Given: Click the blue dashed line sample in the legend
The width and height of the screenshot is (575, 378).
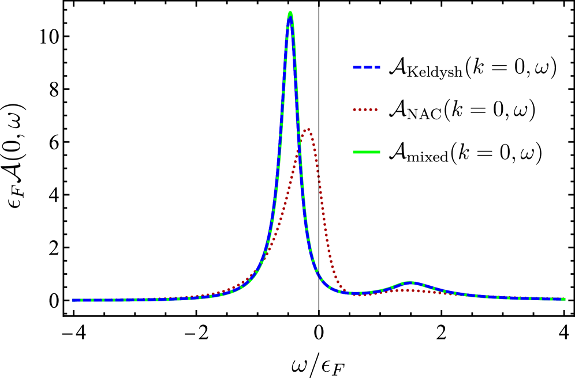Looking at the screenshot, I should click(367, 67).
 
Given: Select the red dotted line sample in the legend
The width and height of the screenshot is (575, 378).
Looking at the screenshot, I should click(365, 109).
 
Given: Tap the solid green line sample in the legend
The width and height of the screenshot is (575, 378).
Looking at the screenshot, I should click(367, 152).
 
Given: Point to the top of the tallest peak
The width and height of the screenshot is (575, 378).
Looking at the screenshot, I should click(290, 13).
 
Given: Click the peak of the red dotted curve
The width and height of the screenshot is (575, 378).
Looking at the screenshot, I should click(309, 130).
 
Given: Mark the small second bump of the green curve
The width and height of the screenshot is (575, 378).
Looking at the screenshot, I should click(410, 282).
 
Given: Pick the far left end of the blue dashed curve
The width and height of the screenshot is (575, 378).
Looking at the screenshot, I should click(73, 300).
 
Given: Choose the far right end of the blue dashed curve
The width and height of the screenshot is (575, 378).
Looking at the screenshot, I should click(565, 299).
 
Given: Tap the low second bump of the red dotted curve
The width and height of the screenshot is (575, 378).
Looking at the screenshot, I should click(407, 290).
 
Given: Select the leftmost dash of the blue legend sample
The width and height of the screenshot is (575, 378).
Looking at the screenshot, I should click(357, 67).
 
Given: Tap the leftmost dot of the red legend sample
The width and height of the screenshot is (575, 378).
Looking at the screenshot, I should click(354, 109).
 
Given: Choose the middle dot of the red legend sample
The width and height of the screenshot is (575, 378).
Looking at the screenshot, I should click(365, 109).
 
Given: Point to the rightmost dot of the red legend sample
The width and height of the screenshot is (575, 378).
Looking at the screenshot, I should click(376, 109).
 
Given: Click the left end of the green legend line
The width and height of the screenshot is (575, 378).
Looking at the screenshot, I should click(354, 152).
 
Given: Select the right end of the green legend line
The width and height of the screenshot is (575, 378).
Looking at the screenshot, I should click(379, 152).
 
